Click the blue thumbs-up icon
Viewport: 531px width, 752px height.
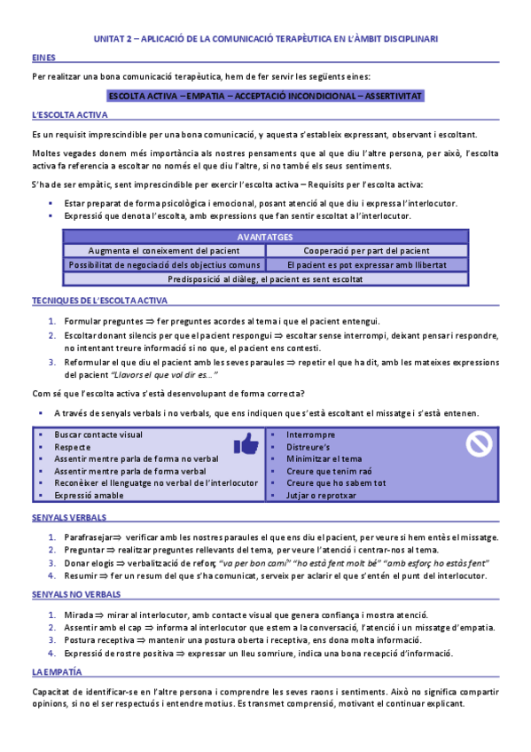pos(246,443)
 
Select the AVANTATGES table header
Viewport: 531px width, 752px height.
pos(266,238)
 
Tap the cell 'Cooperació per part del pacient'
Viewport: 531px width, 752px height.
pos(366,251)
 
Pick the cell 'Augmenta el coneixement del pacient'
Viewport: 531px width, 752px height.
pos(165,251)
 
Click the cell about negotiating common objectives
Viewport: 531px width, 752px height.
pos(165,264)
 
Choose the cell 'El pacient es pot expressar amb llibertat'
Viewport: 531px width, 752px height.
pos(366,264)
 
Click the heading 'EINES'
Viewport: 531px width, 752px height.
pos(43,58)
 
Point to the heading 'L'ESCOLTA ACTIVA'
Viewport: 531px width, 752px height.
pos(70,116)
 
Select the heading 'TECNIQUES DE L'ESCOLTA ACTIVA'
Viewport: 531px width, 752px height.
pos(99,302)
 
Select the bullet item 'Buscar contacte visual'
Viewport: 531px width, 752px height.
pos(98,435)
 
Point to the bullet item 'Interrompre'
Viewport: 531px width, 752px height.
pos(310,435)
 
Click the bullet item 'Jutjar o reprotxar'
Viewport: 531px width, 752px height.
pos(322,495)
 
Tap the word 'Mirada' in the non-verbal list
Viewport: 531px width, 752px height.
pos(77,615)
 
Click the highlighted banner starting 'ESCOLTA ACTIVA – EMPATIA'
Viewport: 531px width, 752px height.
pos(266,95)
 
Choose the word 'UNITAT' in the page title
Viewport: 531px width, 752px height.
pos(112,39)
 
